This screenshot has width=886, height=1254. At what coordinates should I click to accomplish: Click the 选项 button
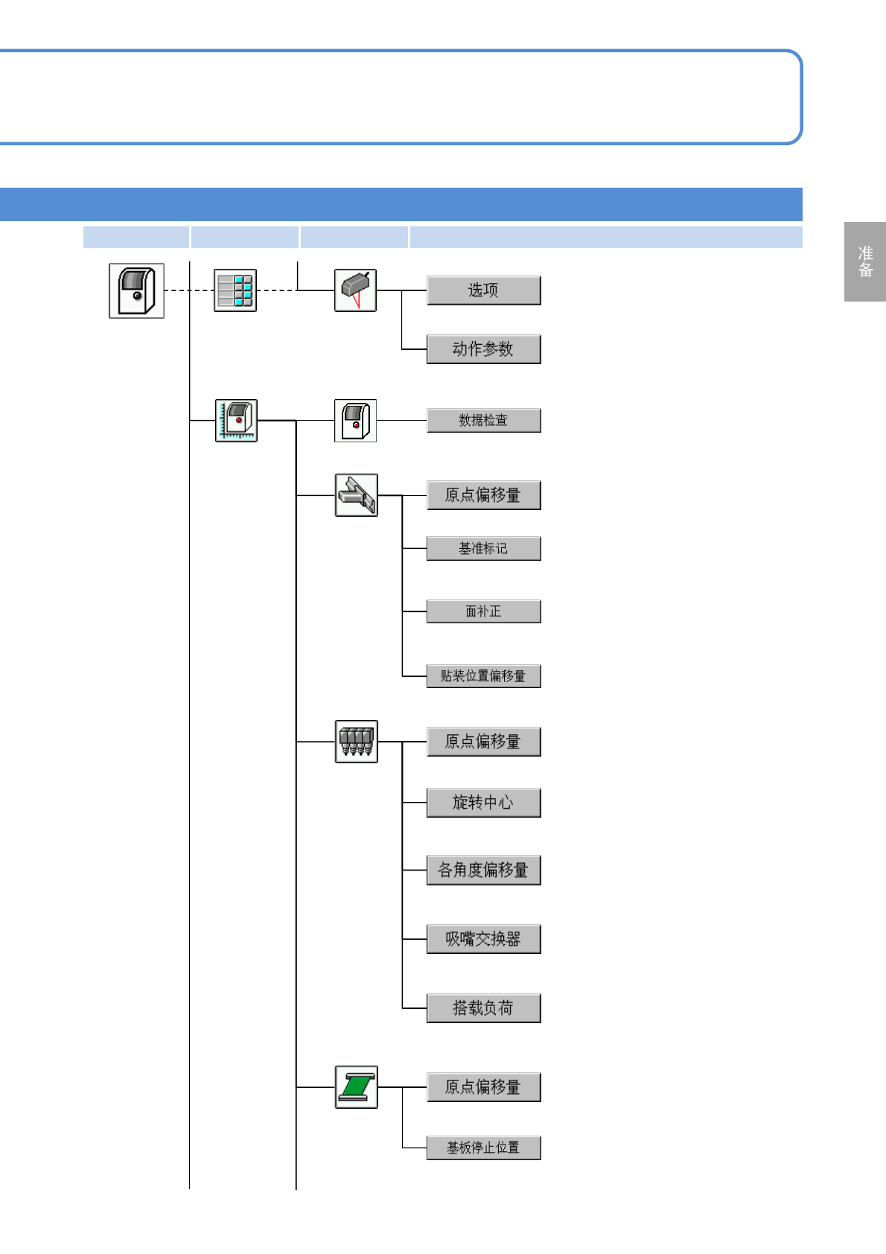pos(483,290)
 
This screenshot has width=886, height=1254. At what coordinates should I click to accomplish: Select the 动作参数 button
pos(483,349)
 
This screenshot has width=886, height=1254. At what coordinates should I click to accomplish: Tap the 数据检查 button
pos(483,421)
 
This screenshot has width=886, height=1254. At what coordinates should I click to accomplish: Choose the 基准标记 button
pos(483,549)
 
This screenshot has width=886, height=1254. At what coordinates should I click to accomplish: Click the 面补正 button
pos(483,611)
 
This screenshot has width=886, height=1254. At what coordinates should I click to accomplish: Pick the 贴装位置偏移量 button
pos(483,676)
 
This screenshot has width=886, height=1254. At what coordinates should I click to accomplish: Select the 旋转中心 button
pos(483,803)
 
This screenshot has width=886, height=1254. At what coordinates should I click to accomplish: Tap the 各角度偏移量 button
pos(483,871)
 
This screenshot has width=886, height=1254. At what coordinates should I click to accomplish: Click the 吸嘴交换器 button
pos(483,939)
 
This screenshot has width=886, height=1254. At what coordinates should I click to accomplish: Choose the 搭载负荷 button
pos(483,1008)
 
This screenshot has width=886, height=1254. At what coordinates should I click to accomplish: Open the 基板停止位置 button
pos(483,1148)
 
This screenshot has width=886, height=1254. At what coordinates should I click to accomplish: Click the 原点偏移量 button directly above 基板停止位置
pos(483,1087)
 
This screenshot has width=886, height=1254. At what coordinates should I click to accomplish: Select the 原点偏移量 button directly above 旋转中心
pos(483,742)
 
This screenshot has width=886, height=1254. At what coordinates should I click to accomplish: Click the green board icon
pos(356,1087)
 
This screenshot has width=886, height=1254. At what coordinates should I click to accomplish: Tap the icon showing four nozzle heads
pos(356,742)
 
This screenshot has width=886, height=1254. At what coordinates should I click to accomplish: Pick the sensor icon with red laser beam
pos(355,290)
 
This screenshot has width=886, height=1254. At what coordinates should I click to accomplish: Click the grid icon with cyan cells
pos(235,290)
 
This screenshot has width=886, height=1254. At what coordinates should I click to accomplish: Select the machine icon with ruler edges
pos(236,421)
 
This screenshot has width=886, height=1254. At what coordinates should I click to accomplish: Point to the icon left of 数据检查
pos(355,421)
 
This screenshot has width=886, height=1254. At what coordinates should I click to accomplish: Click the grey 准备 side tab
pos(865,261)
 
